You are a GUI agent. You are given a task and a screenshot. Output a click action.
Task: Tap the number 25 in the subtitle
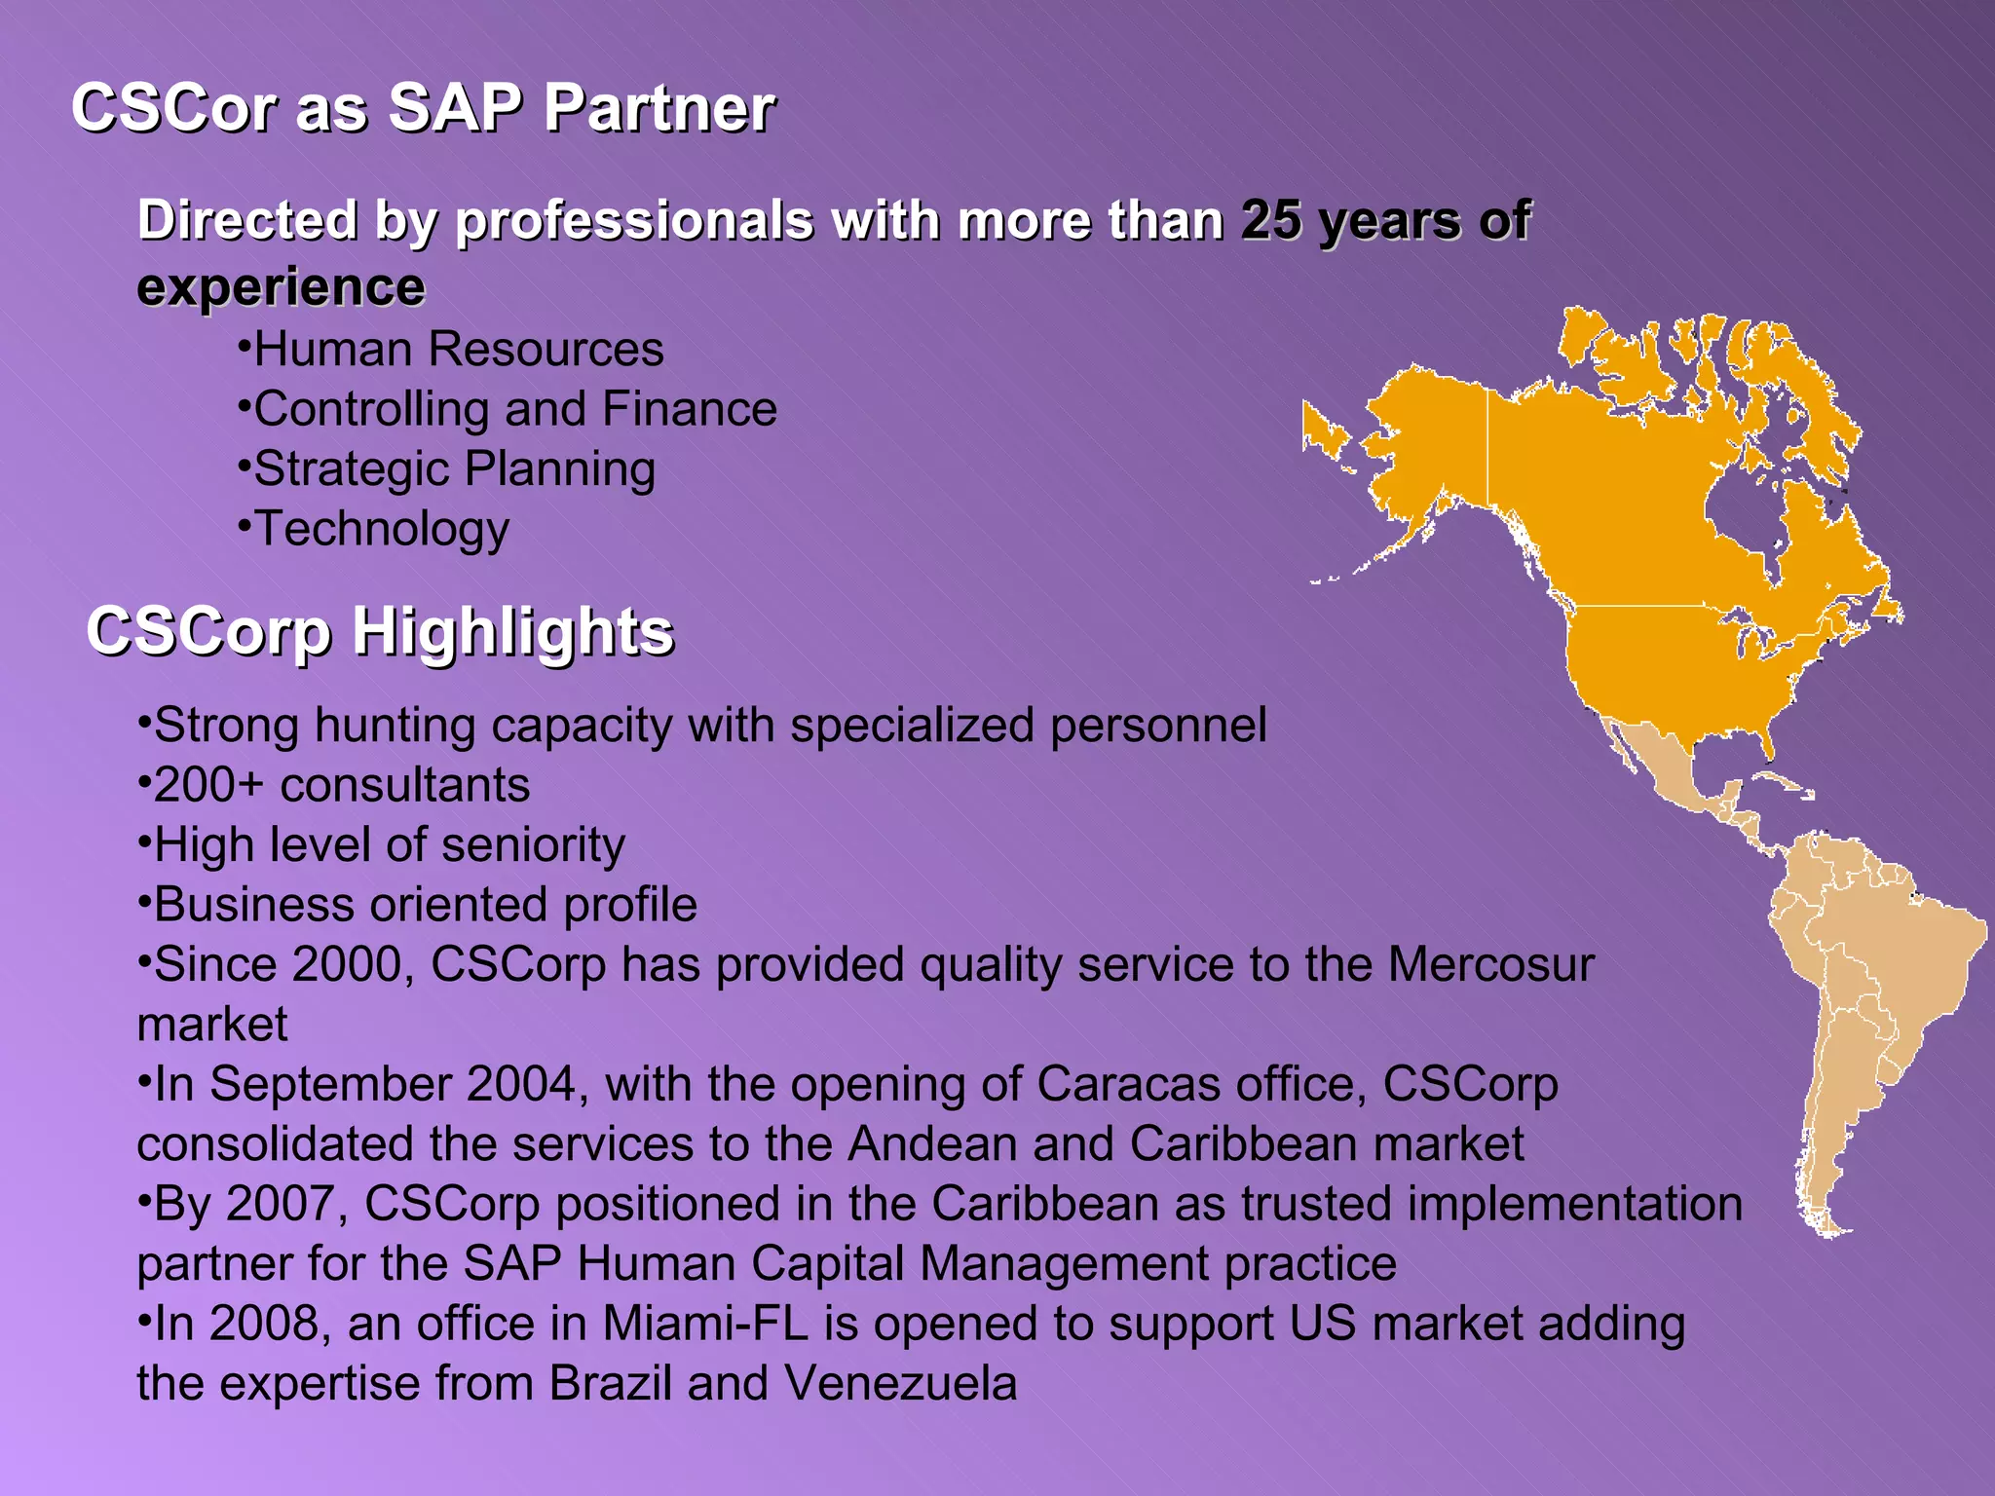(x=1270, y=220)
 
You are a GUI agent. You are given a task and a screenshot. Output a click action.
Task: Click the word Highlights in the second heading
(x=512, y=632)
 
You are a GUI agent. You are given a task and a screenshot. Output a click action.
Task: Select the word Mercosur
(x=1490, y=965)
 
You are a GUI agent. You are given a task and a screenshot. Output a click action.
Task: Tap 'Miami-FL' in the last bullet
(x=705, y=1324)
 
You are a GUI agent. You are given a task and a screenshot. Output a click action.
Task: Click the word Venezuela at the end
(x=900, y=1384)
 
